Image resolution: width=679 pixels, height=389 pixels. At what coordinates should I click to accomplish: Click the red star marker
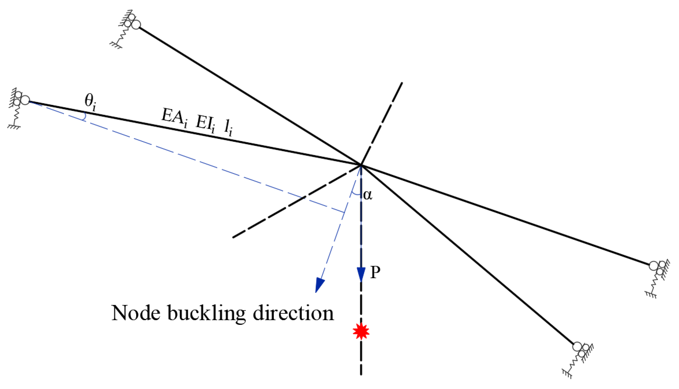(361, 331)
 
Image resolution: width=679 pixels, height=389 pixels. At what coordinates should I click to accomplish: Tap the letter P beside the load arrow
(375, 272)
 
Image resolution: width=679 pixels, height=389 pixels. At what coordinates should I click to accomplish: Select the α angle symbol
(368, 195)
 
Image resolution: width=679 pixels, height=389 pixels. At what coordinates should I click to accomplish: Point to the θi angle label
(90, 103)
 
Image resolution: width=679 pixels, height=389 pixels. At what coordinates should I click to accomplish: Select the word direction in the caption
(293, 313)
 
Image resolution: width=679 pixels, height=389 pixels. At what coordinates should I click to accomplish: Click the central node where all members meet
(361, 165)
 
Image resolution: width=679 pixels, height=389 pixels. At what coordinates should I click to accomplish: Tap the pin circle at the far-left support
(25, 100)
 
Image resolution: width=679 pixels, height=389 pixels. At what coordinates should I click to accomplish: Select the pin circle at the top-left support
(136, 25)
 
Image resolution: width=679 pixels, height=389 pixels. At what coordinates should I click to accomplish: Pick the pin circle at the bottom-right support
(577, 346)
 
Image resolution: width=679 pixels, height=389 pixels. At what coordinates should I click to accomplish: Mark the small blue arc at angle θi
(84, 117)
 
